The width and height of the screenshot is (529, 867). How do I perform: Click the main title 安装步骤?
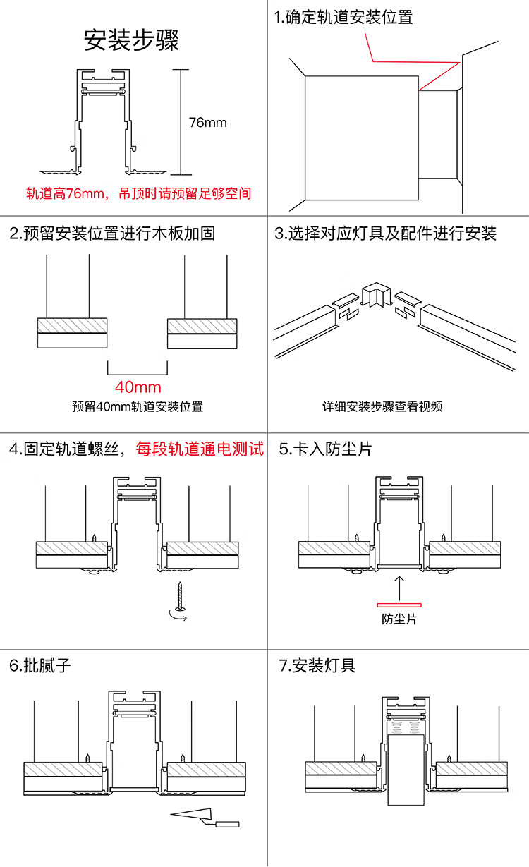point(132,40)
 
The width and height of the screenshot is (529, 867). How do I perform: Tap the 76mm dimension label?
point(207,123)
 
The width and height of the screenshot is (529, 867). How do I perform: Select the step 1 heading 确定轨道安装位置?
point(343,18)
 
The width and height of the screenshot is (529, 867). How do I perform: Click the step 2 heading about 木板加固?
point(113,234)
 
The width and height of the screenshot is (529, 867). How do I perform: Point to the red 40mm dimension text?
point(138,387)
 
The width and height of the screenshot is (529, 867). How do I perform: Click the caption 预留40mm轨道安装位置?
point(138,406)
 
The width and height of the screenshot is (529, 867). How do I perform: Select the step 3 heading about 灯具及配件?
point(386,234)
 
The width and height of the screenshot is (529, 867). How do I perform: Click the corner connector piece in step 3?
point(375,296)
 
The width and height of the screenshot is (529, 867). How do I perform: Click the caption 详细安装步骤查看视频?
point(383,406)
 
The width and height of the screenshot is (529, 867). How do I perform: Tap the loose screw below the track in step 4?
point(181,595)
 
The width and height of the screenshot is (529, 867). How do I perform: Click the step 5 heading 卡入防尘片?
point(325,449)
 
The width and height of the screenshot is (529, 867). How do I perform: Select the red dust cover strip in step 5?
point(399,604)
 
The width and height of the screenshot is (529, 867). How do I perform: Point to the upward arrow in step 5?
point(399,586)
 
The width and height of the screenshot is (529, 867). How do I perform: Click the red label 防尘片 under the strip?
point(399,619)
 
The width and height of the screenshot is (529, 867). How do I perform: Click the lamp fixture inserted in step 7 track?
point(406,769)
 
